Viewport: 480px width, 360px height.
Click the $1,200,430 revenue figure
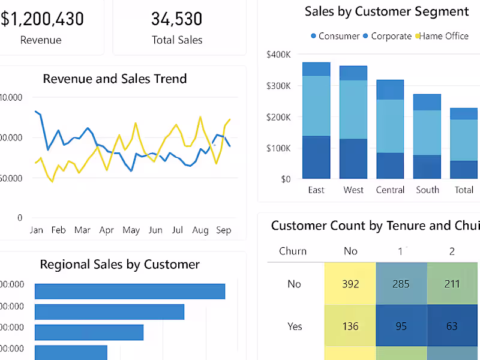42,19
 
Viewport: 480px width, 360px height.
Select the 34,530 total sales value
177,19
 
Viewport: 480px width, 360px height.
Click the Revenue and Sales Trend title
115,79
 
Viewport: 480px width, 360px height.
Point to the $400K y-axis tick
278,55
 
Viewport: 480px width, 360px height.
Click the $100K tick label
278,148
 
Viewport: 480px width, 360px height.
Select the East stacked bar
316,120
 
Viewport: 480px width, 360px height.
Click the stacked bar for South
427,136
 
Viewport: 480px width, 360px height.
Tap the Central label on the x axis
391,190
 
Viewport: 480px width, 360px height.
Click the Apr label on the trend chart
106,230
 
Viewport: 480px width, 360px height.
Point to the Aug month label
200,230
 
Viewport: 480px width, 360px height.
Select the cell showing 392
350,284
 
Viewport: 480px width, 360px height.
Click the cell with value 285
401,284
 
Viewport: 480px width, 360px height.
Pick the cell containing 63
452,326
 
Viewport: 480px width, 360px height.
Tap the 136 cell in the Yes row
350,326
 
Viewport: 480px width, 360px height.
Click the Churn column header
293,251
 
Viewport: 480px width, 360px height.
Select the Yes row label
295,326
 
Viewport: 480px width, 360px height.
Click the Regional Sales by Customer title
119,265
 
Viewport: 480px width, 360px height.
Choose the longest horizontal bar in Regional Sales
130,291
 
